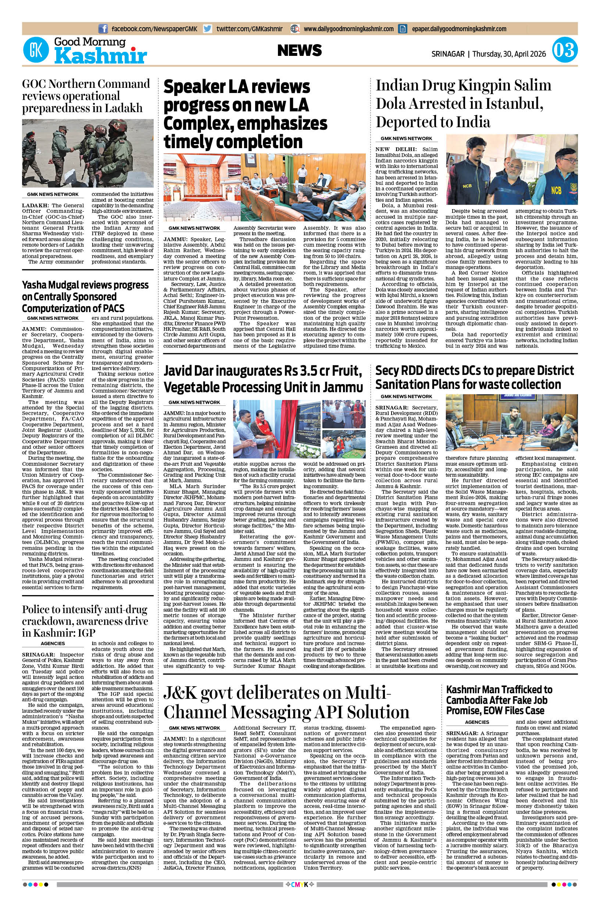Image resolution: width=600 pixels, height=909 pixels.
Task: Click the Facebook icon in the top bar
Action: coord(103,29)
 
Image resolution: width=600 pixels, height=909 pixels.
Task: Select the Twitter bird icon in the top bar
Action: coord(208,29)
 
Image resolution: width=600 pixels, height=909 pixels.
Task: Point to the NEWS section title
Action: coord(300,50)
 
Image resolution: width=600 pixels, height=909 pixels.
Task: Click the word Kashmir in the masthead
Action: coord(100,57)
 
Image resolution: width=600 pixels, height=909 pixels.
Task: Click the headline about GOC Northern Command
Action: coord(86,96)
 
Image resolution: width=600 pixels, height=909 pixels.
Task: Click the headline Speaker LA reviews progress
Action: coord(245,114)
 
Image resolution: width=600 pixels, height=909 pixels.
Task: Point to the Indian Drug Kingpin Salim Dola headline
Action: coord(463,103)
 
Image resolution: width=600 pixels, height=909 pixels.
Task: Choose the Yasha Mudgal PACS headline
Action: coord(85,297)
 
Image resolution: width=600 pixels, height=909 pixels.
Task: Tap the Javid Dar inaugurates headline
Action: coord(263,379)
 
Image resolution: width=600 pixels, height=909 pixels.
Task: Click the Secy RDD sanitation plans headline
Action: coord(475,377)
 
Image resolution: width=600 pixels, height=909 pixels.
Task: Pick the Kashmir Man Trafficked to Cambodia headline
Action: coord(499,700)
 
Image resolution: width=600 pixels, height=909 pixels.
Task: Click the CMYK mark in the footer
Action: coord(300,892)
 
